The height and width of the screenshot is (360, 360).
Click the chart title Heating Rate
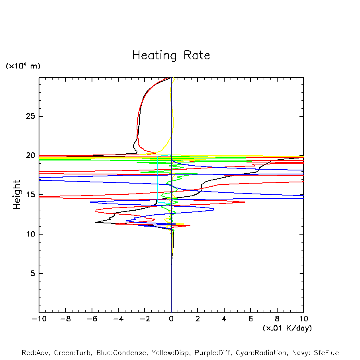(x=171, y=55)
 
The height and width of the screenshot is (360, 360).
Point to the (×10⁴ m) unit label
(x=23, y=66)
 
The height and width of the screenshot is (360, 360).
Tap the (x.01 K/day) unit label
(x=287, y=328)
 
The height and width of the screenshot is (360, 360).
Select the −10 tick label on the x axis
(x=39, y=319)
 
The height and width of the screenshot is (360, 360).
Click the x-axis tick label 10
(x=303, y=319)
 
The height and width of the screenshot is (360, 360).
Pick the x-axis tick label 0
(x=171, y=319)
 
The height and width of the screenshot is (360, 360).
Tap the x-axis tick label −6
(x=91, y=319)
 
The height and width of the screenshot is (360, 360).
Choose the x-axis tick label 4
(x=224, y=319)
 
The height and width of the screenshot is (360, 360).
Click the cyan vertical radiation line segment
(x=158, y=179)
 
